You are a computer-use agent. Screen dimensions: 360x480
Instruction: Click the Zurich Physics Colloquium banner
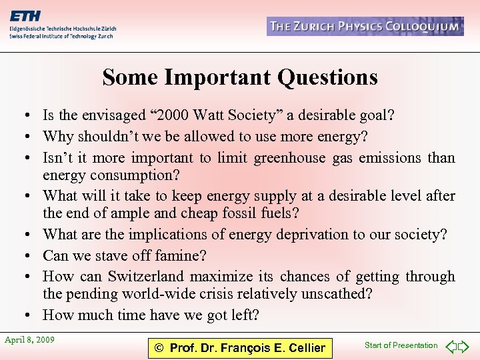pos(365,27)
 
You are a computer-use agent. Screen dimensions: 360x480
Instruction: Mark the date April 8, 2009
pos(29,340)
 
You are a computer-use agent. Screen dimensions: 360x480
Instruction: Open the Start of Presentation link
pos(401,345)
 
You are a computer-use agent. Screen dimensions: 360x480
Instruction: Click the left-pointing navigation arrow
pos(451,346)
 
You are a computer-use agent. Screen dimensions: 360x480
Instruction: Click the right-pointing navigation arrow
pos(464,346)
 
